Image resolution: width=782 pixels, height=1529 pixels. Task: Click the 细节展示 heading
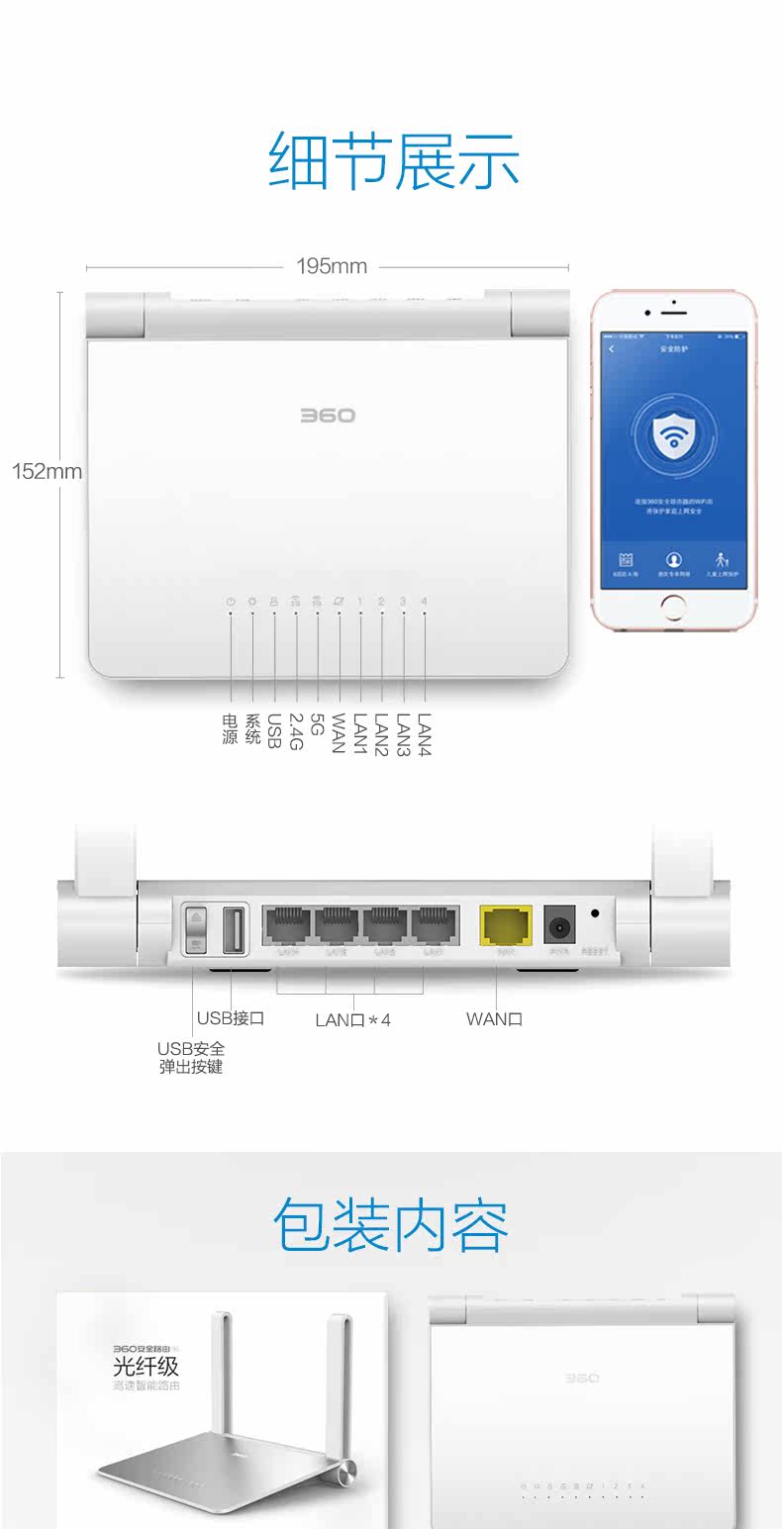coord(393,161)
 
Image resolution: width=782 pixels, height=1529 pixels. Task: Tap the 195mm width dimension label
coord(332,266)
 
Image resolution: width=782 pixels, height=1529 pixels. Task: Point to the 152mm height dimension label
coord(47,471)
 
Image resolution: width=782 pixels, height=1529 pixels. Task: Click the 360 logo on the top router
coord(328,416)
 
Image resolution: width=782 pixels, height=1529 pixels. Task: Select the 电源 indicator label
coord(231,729)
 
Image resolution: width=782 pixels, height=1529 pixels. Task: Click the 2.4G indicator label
coord(296,731)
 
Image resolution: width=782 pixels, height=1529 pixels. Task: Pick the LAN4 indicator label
coord(426,734)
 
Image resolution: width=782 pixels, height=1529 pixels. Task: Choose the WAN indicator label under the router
coord(340,733)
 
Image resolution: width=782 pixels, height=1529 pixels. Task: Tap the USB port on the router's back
coord(235,930)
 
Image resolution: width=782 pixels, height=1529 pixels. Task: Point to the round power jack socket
coord(560,927)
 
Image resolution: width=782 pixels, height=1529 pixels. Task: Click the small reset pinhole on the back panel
coord(595,914)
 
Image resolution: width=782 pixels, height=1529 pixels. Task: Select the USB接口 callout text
coord(230,1018)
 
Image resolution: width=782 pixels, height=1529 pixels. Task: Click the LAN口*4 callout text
coord(352,1019)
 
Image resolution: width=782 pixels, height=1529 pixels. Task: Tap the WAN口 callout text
coord(494,1018)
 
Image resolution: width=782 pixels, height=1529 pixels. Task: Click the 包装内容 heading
coord(391,1225)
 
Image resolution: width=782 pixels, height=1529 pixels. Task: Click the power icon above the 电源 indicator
coord(231,602)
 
